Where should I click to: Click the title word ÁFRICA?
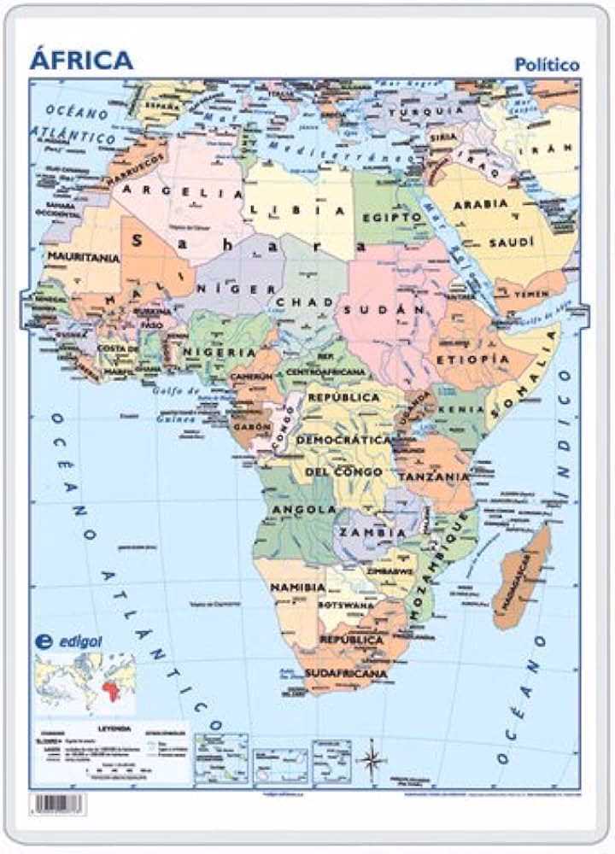tap(81, 60)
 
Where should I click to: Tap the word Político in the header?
tap(548, 65)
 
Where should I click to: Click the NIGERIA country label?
tap(220, 352)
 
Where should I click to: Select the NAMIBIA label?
tap(297, 588)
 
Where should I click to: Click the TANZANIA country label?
tap(436, 476)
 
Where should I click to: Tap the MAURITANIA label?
tap(82, 255)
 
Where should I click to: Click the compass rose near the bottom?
tap(371, 759)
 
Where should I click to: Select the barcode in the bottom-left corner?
tap(58, 804)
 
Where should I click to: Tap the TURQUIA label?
tap(425, 111)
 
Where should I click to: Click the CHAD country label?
tap(302, 303)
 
